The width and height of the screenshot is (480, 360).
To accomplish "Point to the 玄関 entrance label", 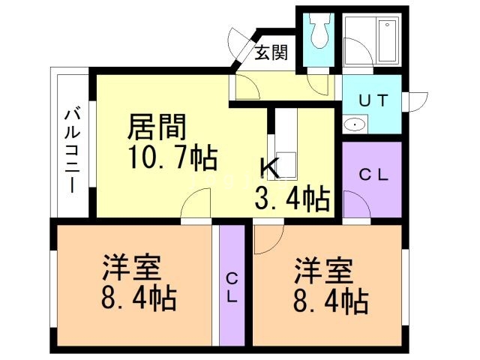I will (x=270, y=54).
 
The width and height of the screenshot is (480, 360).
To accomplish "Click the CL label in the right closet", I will (x=373, y=175).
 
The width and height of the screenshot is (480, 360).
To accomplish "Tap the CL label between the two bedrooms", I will (x=232, y=286).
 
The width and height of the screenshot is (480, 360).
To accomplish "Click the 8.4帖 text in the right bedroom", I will (x=329, y=301).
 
